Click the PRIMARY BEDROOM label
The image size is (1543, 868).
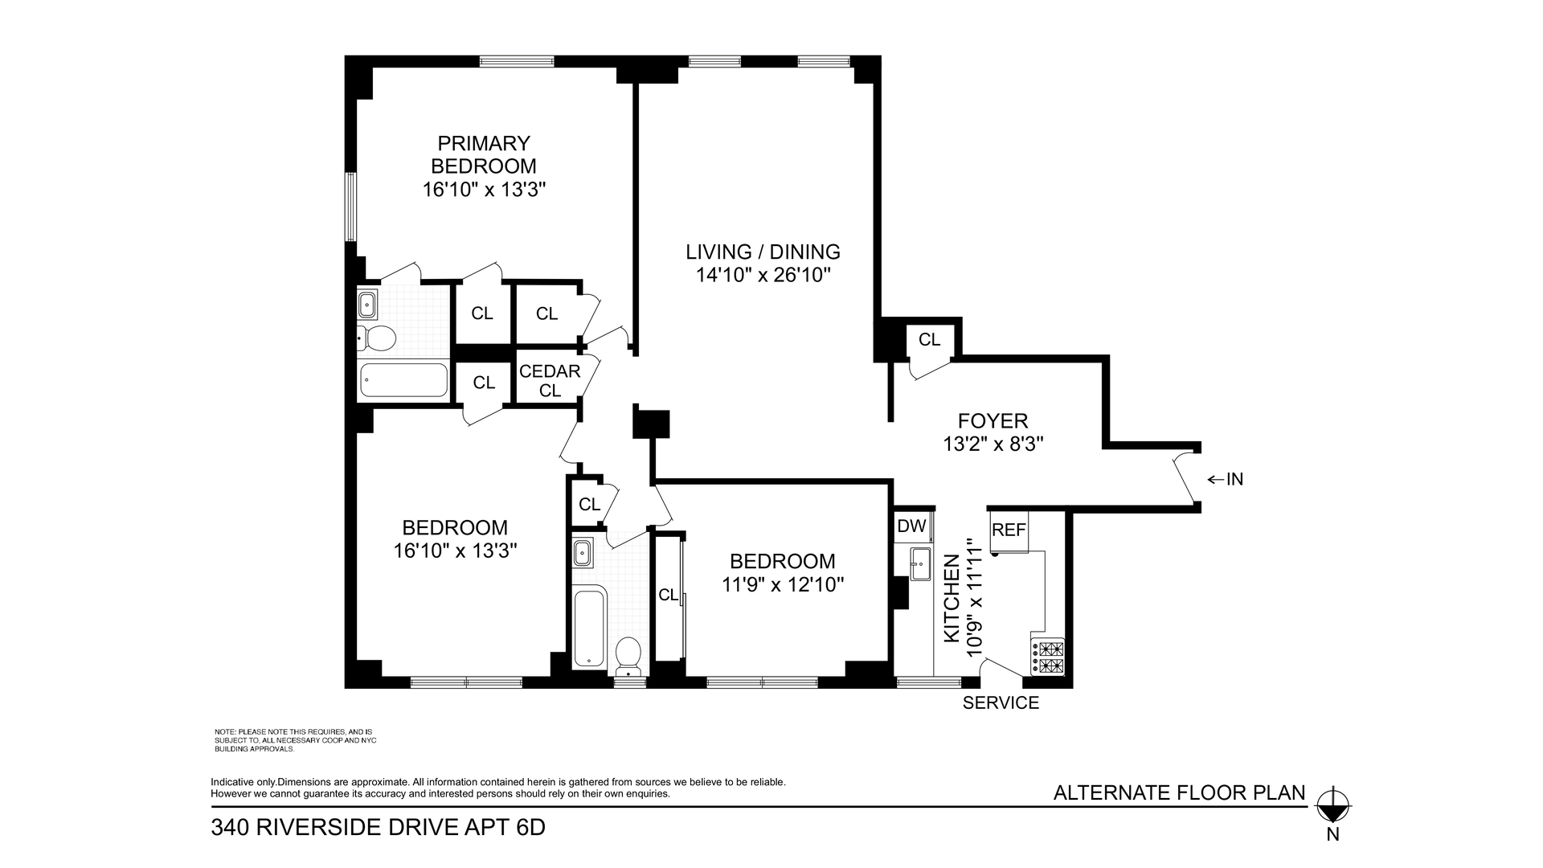pyautogui.click(x=484, y=154)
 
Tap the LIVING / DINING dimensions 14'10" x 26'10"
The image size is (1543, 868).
pyautogui.click(x=763, y=275)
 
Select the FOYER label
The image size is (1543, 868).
pyautogui.click(x=993, y=420)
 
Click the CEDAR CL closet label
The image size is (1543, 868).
pyautogui.click(x=550, y=380)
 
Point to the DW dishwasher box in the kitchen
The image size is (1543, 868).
pyautogui.click(x=911, y=526)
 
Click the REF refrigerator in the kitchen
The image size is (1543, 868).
pyautogui.click(x=1009, y=530)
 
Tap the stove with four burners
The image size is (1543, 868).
pyautogui.click(x=1048, y=657)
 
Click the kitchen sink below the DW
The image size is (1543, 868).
pyautogui.click(x=919, y=563)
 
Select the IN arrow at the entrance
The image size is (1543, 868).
pyautogui.click(x=1226, y=480)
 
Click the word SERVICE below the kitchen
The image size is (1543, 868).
pyautogui.click(x=1001, y=703)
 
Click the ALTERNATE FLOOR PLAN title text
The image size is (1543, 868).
pyautogui.click(x=1179, y=793)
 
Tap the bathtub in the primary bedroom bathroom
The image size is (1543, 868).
pyautogui.click(x=403, y=380)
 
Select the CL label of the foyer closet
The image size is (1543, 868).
pyautogui.click(x=929, y=339)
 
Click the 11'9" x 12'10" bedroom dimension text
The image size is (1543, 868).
pyautogui.click(x=782, y=584)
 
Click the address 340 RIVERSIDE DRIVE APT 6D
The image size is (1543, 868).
pyautogui.click(x=378, y=827)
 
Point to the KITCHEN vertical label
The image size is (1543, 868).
pyautogui.click(x=952, y=599)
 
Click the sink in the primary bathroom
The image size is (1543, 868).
pyautogui.click(x=367, y=305)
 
